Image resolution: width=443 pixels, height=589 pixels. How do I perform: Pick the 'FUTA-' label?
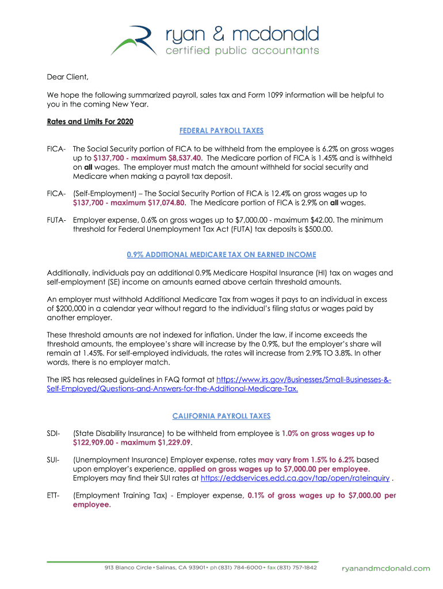pyautogui.click(x=58, y=220)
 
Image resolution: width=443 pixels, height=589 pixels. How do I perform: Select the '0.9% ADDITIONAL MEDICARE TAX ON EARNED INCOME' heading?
pyautogui.click(x=221, y=254)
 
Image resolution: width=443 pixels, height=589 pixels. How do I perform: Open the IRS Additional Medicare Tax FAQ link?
pyautogui.click(x=219, y=385)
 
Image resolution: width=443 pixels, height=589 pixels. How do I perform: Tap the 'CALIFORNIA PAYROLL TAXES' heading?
pyautogui.click(x=221, y=416)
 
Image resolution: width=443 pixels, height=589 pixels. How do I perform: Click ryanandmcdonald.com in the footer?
pyautogui.click(x=385, y=568)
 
